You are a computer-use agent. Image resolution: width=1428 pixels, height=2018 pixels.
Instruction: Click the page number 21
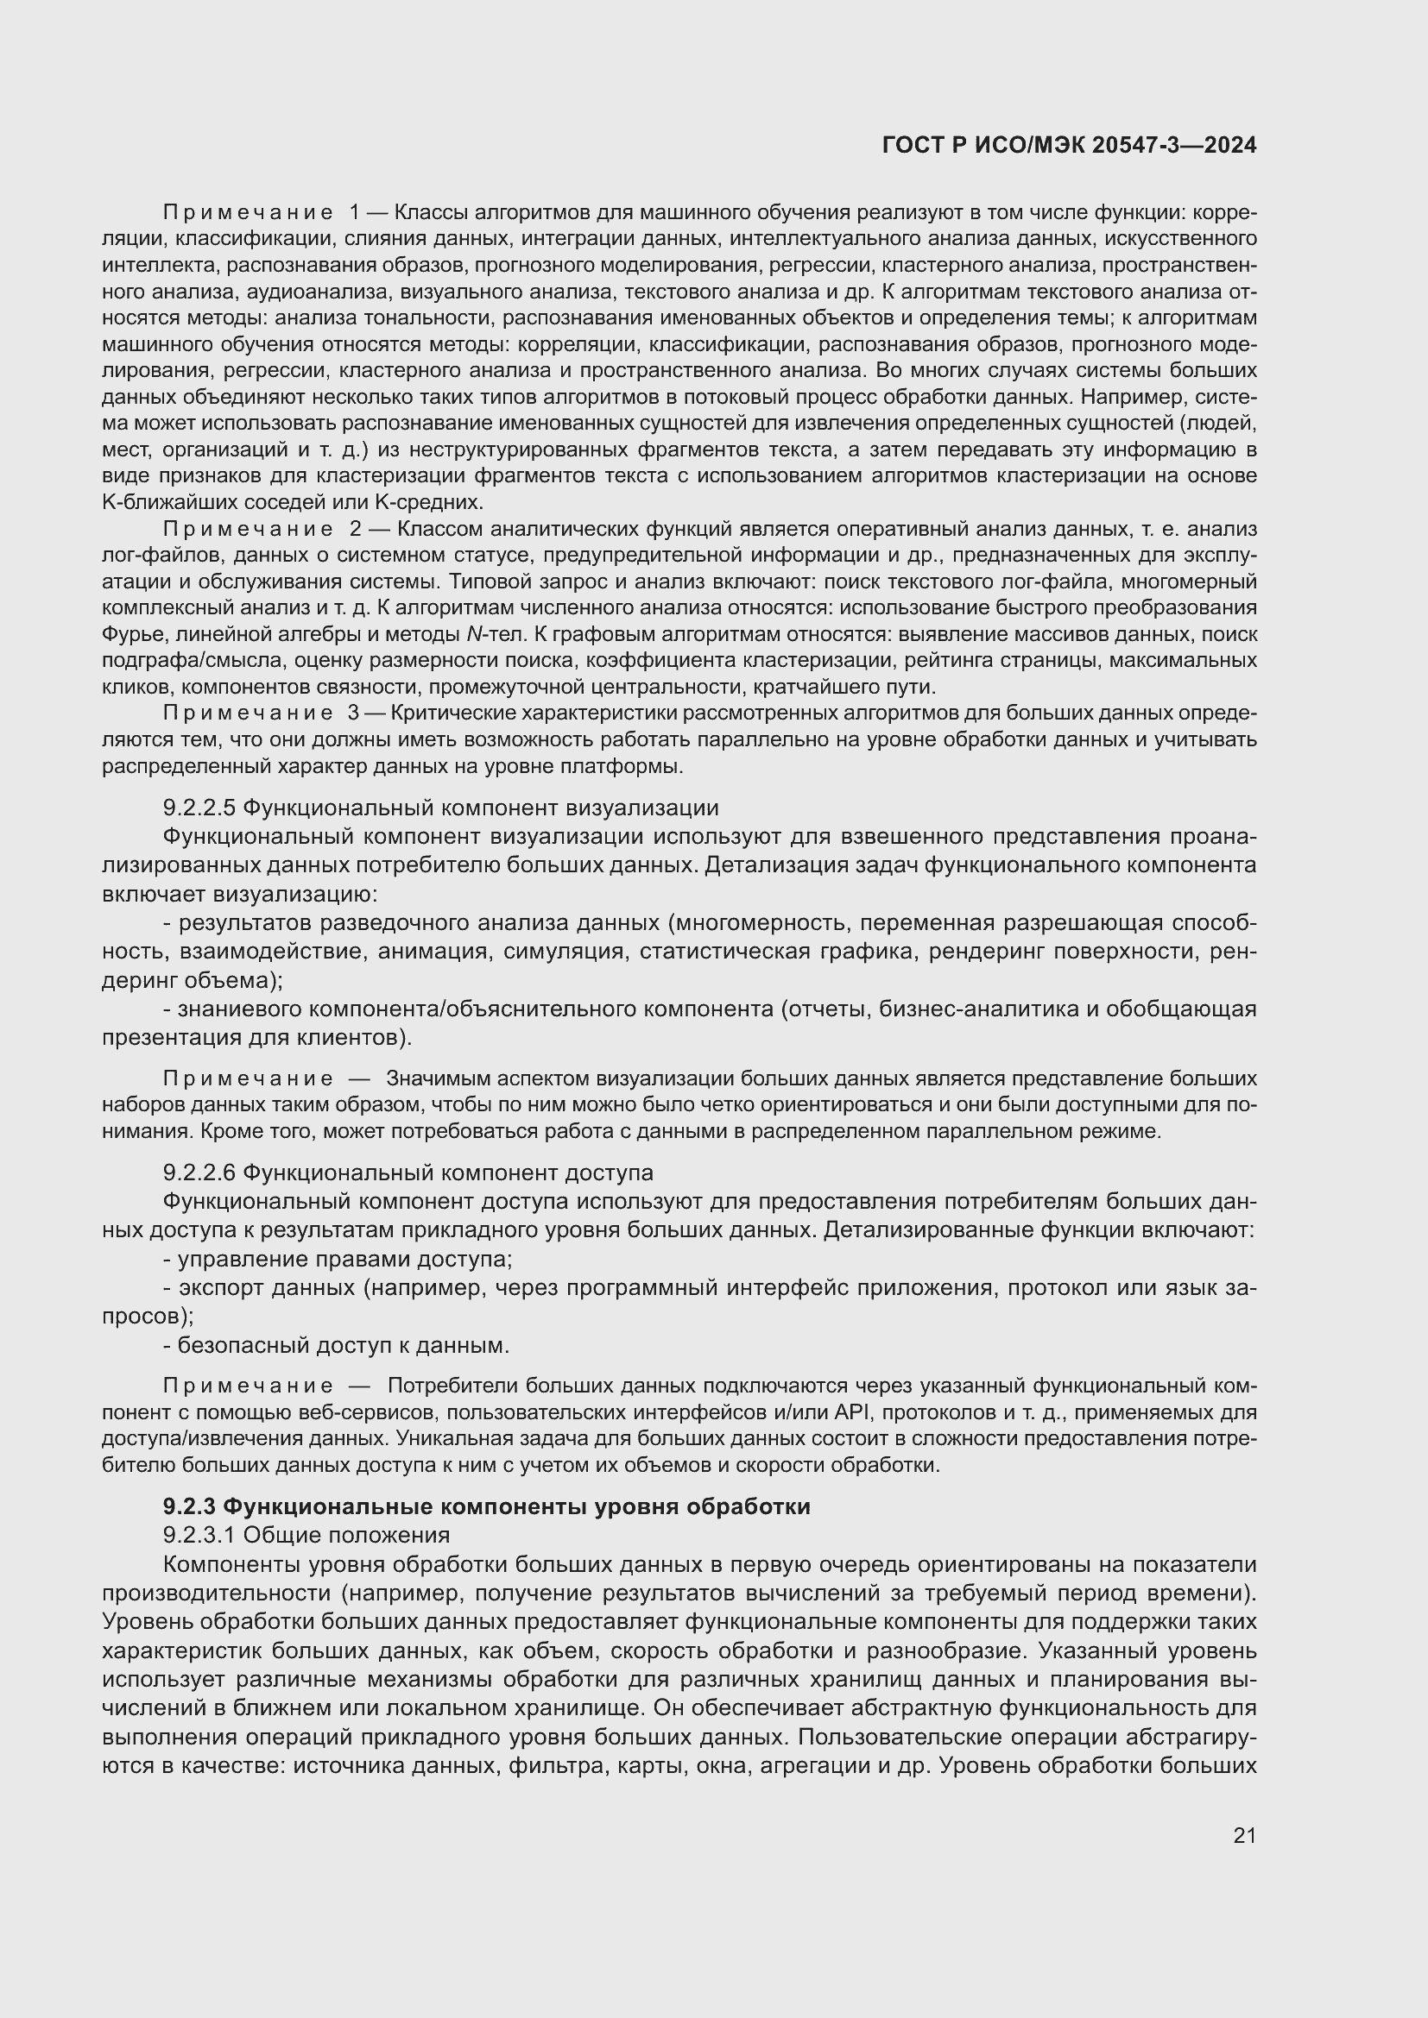pos(1244,1834)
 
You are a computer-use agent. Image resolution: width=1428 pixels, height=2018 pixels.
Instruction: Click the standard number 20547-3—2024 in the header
pos(1174,146)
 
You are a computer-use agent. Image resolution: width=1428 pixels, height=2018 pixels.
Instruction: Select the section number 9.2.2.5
pos(199,808)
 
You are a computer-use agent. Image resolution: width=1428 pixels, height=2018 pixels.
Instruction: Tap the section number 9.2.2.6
pos(199,1172)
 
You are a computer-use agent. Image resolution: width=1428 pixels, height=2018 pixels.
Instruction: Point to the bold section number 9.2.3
pos(189,1506)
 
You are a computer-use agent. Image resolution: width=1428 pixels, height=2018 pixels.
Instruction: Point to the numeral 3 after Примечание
pos(354,713)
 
